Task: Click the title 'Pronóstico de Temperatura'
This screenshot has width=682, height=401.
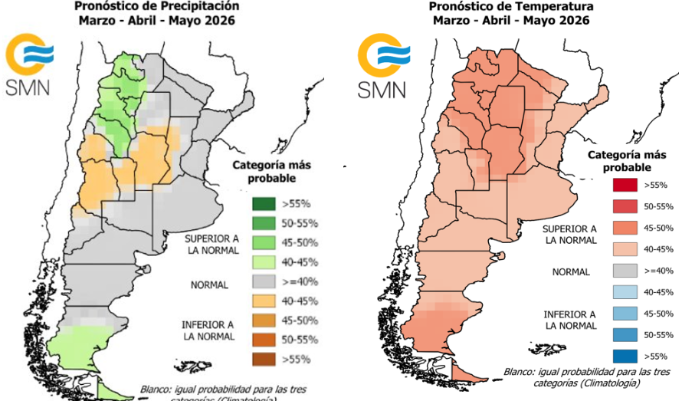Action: [x=511, y=6]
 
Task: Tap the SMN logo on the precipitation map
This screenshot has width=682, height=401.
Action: [x=29, y=65]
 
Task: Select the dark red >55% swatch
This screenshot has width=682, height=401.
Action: [x=625, y=185]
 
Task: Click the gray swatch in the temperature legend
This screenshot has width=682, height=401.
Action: [x=625, y=271]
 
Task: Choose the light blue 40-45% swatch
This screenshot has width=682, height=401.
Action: [x=625, y=292]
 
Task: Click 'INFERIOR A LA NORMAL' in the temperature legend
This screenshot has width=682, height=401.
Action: [x=569, y=319]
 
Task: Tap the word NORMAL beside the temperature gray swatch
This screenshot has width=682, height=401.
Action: [x=571, y=271]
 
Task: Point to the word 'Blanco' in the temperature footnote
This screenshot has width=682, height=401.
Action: [x=520, y=372]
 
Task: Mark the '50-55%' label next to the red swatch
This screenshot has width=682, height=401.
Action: [x=658, y=206]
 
